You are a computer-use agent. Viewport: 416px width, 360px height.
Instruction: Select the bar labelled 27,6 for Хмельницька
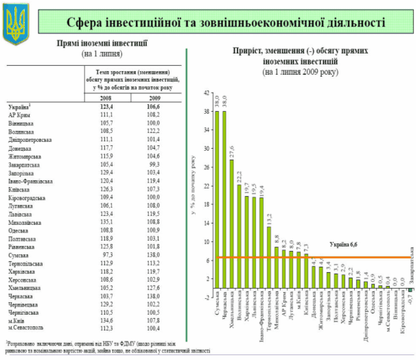coord(231,224)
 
